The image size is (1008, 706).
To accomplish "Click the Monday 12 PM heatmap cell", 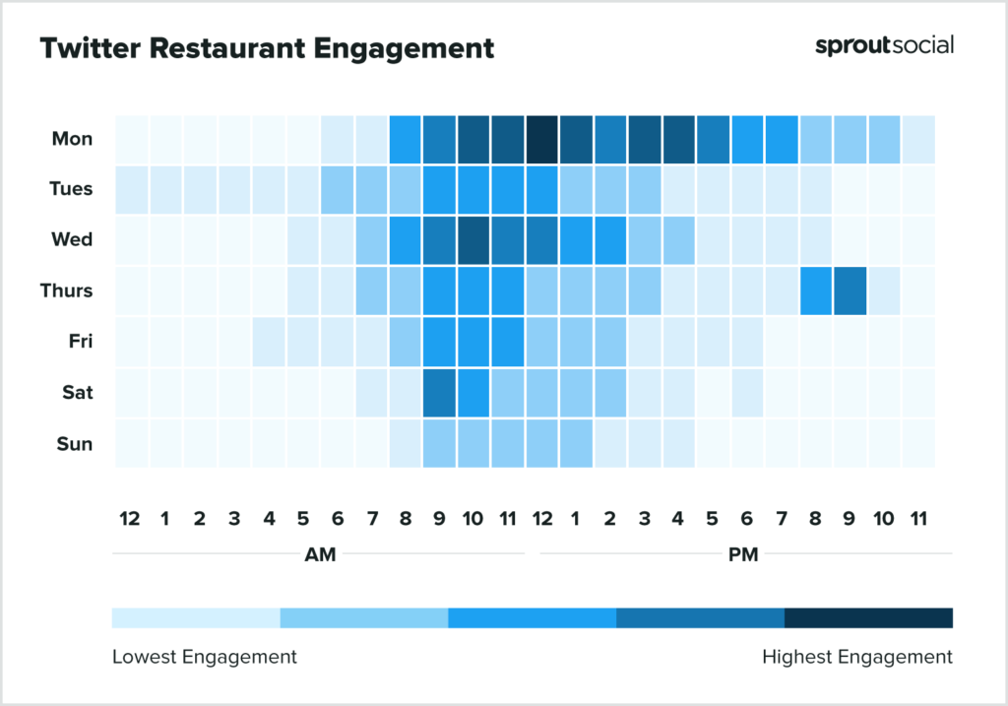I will [541, 139].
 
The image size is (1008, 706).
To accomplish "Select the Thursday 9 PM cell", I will [850, 290].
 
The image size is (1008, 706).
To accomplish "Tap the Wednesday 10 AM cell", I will [472, 239].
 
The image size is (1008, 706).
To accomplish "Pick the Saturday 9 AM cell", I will [439, 392].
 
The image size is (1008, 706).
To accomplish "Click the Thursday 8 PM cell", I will [815, 290].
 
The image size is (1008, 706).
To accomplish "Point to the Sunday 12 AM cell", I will [131, 443].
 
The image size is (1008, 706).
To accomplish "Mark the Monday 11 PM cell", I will [917, 139].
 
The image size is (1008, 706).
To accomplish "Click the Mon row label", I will [73, 139].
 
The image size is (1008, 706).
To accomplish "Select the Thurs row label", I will [68, 290].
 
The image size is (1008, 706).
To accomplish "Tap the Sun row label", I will [75, 443].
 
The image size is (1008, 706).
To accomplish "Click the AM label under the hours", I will [320, 554].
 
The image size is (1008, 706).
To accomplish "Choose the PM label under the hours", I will [743, 554].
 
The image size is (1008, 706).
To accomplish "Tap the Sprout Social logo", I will [884, 45].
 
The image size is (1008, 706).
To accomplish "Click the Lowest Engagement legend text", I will [204, 656].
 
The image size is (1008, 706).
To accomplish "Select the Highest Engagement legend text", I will [857, 656].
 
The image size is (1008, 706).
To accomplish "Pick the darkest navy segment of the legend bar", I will [868, 618].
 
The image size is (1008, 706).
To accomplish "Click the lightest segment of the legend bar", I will [196, 618].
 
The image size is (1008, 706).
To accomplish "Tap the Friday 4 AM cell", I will [268, 342].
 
